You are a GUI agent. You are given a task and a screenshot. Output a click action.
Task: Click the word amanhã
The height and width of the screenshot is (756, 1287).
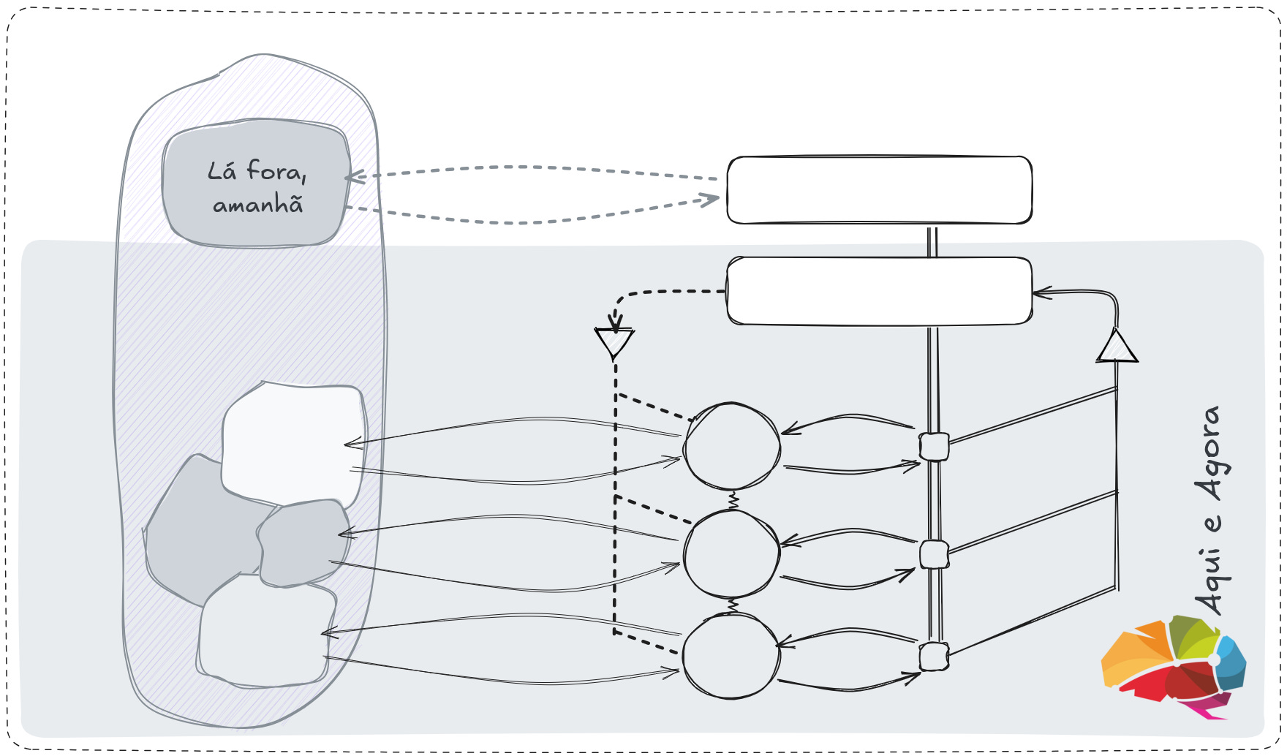coord(257,205)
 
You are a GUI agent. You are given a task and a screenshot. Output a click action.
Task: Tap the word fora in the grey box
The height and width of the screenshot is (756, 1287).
coord(275,171)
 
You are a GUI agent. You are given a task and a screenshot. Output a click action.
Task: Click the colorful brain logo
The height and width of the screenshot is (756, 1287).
coord(1173,666)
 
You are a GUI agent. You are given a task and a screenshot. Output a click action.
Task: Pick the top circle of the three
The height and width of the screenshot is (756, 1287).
coord(732,446)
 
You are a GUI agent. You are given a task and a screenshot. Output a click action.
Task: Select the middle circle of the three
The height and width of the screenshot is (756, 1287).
coord(731,554)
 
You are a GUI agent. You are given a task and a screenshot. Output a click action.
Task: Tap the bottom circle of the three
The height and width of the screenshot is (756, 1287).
coord(731,657)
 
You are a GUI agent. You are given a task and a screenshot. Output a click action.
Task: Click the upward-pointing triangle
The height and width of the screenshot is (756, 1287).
coord(1117,348)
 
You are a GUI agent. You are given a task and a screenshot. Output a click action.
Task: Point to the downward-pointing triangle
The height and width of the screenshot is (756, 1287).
coord(614,341)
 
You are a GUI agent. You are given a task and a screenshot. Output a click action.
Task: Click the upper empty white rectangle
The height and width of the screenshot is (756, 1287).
coord(879,190)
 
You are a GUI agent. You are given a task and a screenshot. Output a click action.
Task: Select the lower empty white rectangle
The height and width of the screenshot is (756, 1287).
coord(879,291)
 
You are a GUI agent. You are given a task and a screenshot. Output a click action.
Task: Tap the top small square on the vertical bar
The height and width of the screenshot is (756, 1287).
coord(934,447)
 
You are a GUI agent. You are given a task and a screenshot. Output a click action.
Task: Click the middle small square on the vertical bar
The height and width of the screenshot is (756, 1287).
coord(934,555)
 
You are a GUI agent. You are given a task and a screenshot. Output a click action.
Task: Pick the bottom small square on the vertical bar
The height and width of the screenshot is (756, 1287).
coord(934,657)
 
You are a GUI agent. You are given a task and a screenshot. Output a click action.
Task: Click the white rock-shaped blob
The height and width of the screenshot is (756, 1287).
coord(292,439)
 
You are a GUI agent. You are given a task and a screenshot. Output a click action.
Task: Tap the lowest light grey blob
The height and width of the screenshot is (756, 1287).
coord(263,632)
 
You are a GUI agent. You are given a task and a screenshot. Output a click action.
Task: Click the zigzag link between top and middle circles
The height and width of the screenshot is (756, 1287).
coord(733,501)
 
